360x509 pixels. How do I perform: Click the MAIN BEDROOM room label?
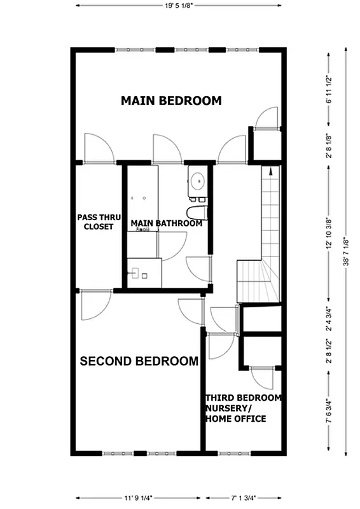click(171, 101)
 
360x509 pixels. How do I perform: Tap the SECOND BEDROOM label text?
click(139, 361)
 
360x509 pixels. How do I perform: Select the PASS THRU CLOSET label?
click(95, 221)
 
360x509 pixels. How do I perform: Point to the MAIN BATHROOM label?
click(166, 223)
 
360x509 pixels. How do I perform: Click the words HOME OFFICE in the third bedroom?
click(235, 419)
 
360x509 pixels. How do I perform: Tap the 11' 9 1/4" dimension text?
click(134, 498)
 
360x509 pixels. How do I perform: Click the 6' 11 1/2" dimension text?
click(329, 90)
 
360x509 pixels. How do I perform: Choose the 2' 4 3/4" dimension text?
click(329, 320)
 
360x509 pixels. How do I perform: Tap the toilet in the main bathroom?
click(197, 212)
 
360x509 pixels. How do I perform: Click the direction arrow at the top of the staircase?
click(272, 170)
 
